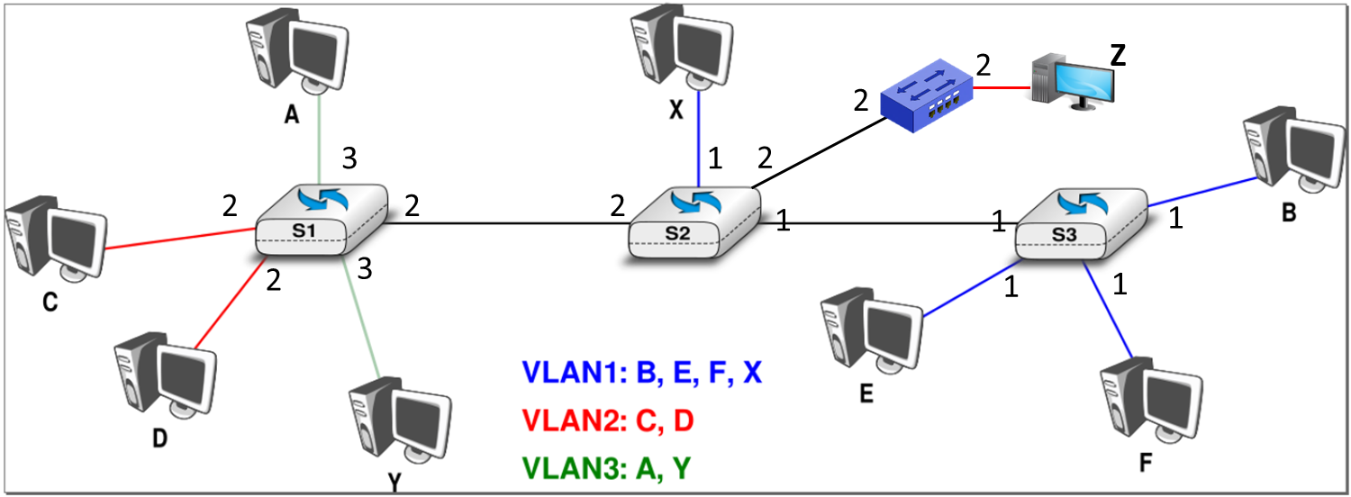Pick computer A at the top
coord(295,52)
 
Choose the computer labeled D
coord(164,375)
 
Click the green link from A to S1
coord(320,144)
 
